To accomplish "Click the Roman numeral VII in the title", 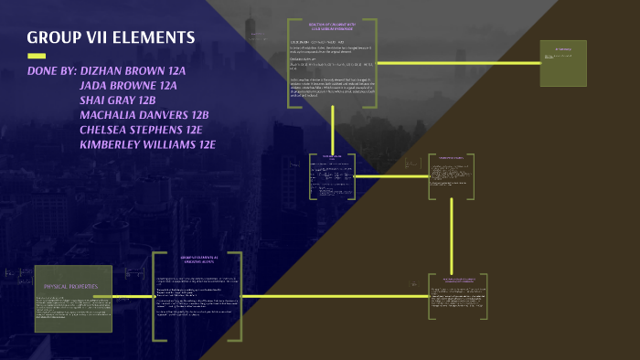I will (92, 37).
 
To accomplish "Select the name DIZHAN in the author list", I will (106, 70).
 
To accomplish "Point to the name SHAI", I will (97, 100).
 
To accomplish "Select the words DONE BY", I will (51, 70).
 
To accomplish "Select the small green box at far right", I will (563, 63).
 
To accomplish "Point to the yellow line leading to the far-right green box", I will (457, 62).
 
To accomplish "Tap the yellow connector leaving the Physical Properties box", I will (133, 296).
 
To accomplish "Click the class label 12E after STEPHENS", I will (188, 129).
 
